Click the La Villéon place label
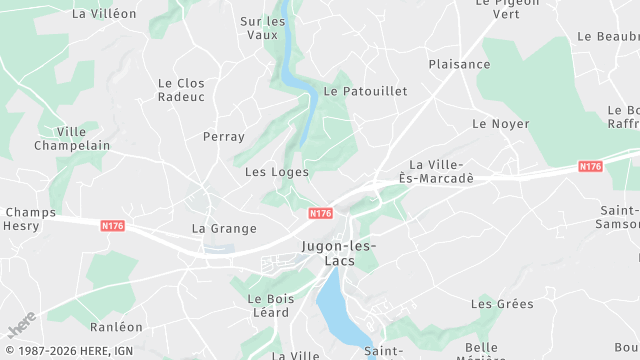coord(105,14)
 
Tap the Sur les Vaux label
coord(263,28)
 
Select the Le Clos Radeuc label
coord(181,90)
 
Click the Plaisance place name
coord(459,64)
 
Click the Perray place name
coord(223,136)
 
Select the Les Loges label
coord(277,172)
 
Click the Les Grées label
coord(502,303)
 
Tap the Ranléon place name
coord(116,327)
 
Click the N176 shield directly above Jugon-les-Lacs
coord(320,213)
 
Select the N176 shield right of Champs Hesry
coord(112,226)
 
